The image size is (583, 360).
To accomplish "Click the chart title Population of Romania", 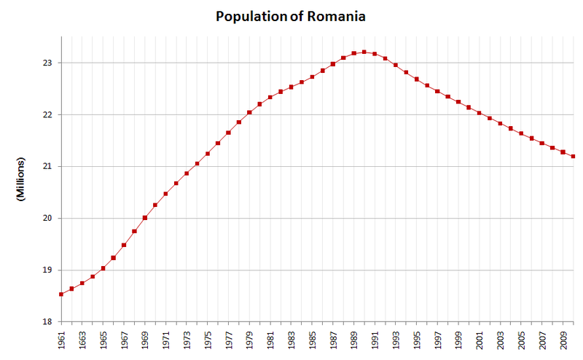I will (x=291, y=15).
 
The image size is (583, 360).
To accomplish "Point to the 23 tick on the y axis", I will (x=47, y=63).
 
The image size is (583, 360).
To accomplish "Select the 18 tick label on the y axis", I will (x=47, y=322).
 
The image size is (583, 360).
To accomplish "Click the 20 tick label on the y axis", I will (x=47, y=219).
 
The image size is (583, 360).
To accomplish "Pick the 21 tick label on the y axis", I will (x=47, y=167).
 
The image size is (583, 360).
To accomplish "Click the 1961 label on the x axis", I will (x=61, y=340).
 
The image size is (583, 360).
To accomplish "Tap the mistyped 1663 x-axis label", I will (x=82, y=340).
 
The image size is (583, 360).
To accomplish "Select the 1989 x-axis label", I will (x=354, y=340).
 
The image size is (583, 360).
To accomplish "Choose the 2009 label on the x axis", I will (x=563, y=340).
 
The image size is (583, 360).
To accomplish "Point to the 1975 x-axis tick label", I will (x=208, y=340).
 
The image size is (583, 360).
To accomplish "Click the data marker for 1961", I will (x=61, y=294).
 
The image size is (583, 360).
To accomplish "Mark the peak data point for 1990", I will (x=364, y=52).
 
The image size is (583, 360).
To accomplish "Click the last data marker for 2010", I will (x=574, y=157).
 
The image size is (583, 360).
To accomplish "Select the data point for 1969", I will (x=145, y=218).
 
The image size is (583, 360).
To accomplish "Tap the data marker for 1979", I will (x=249, y=112).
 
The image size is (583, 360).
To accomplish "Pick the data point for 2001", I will (x=480, y=113).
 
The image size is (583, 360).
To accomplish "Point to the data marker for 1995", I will (x=417, y=79).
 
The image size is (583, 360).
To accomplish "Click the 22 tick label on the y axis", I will (x=47, y=115).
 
